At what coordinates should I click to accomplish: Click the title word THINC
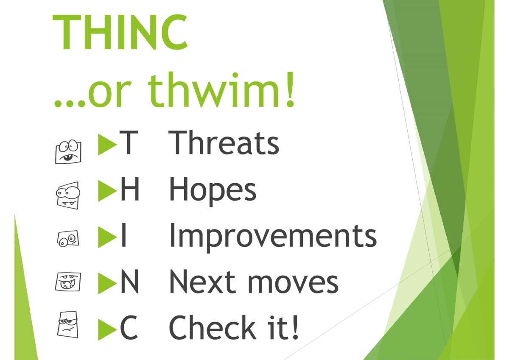coord(120,32)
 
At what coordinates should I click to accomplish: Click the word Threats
coord(224,143)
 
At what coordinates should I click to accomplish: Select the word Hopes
coord(213,190)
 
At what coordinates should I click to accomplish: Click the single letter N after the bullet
coord(130,282)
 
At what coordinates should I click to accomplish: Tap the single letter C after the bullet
coord(129,328)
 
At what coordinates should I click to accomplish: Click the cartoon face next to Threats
coord(68,151)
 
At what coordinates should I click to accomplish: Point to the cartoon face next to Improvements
coord(68,239)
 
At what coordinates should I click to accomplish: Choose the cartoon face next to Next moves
coord(68,282)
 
